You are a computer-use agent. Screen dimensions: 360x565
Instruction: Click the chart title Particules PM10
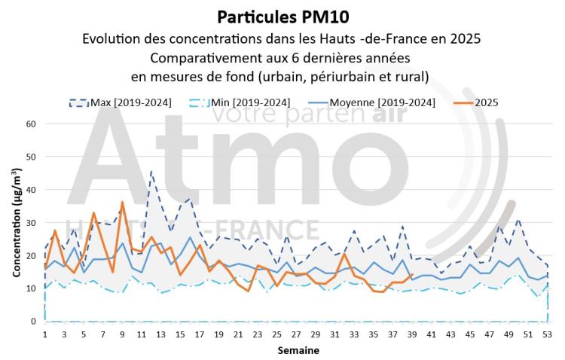coord(282,17)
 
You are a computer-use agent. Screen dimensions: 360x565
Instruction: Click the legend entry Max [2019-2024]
coord(130,102)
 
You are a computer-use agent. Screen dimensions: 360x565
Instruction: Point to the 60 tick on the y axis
coord(30,124)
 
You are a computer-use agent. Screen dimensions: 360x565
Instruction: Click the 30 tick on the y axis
coord(30,222)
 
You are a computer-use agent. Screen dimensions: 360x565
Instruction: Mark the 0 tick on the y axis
coord(32,322)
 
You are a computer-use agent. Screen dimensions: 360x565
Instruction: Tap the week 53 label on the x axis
coord(548,334)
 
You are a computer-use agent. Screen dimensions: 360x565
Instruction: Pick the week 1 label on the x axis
coord(45,334)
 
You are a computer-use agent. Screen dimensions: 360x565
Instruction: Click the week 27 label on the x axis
coord(296,334)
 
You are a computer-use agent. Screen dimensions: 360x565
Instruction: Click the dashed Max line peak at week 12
coord(151,172)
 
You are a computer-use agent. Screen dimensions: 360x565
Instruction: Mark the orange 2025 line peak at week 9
coord(122,202)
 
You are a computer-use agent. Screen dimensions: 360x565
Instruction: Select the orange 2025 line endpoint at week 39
coord(412,275)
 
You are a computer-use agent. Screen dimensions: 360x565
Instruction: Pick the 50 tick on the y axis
coord(30,157)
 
